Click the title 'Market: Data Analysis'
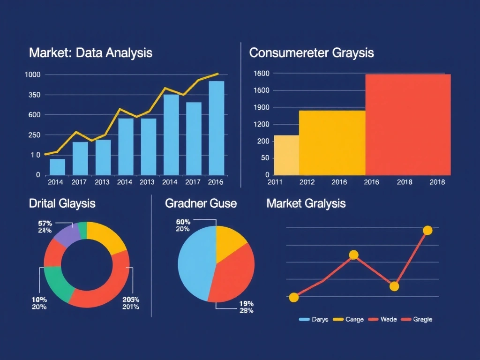(x=90, y=52)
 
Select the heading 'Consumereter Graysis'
(x=311, y=52)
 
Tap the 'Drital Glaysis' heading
(x=62, y=203)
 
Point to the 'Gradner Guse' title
(x=201, y=203)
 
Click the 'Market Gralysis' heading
(x=306, y=203)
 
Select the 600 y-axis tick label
(x=35, y=115)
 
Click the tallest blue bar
(x=216, y=127)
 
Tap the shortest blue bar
(x=57, y=166)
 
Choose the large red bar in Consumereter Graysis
(x=408, y=124)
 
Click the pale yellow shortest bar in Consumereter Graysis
(x=286, y=155)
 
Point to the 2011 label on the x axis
(x=275, y=182)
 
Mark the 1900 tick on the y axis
(x=261, y=107)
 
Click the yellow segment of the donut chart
(x=105, y=237)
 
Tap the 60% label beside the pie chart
(x=183, y=222)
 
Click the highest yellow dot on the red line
(x=427, y=230)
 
